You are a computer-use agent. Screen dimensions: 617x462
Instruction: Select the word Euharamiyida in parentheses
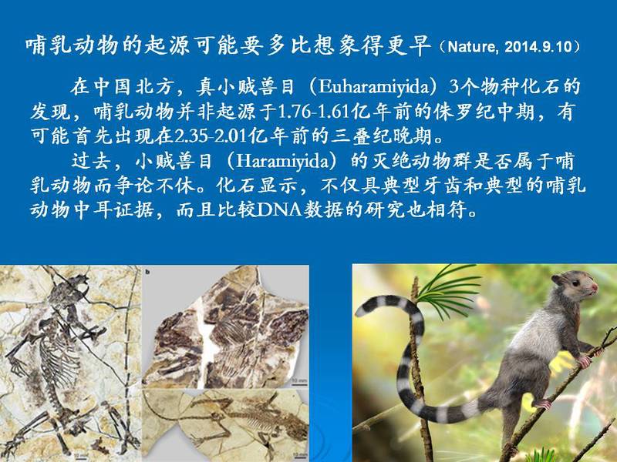[373, 87]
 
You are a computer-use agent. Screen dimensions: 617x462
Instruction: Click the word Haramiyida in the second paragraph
[282, 162]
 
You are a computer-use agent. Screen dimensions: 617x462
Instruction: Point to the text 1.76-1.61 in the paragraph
[314, 112]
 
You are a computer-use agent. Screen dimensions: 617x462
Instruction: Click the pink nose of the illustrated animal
[595, 288]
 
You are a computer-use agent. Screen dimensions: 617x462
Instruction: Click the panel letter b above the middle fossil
[147, 272]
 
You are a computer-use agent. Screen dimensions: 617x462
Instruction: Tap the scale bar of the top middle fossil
[299, 383]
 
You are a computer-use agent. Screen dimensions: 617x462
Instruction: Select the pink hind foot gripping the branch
[542, 403]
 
